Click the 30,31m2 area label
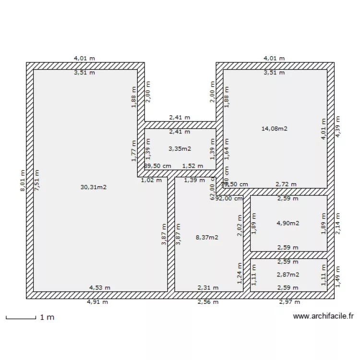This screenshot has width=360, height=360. (93, 187)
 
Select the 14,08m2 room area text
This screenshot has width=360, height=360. (274, 128)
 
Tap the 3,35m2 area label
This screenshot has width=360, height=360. (180, 149)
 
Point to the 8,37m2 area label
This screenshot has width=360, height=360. (207, 237)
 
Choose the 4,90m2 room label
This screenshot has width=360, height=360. (288, 223)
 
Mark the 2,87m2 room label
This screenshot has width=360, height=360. (288, 275)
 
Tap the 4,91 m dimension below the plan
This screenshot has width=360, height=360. (97, 302)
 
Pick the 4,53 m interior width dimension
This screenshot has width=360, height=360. (99, 288)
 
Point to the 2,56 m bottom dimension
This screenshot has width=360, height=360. (208, 302)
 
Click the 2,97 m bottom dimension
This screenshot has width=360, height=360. (289, 302)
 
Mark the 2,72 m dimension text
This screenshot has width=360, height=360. (286, 184)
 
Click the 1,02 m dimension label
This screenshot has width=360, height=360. (151, 180)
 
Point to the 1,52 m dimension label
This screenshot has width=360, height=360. (192, 166)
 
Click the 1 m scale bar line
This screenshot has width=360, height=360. (21, 317)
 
